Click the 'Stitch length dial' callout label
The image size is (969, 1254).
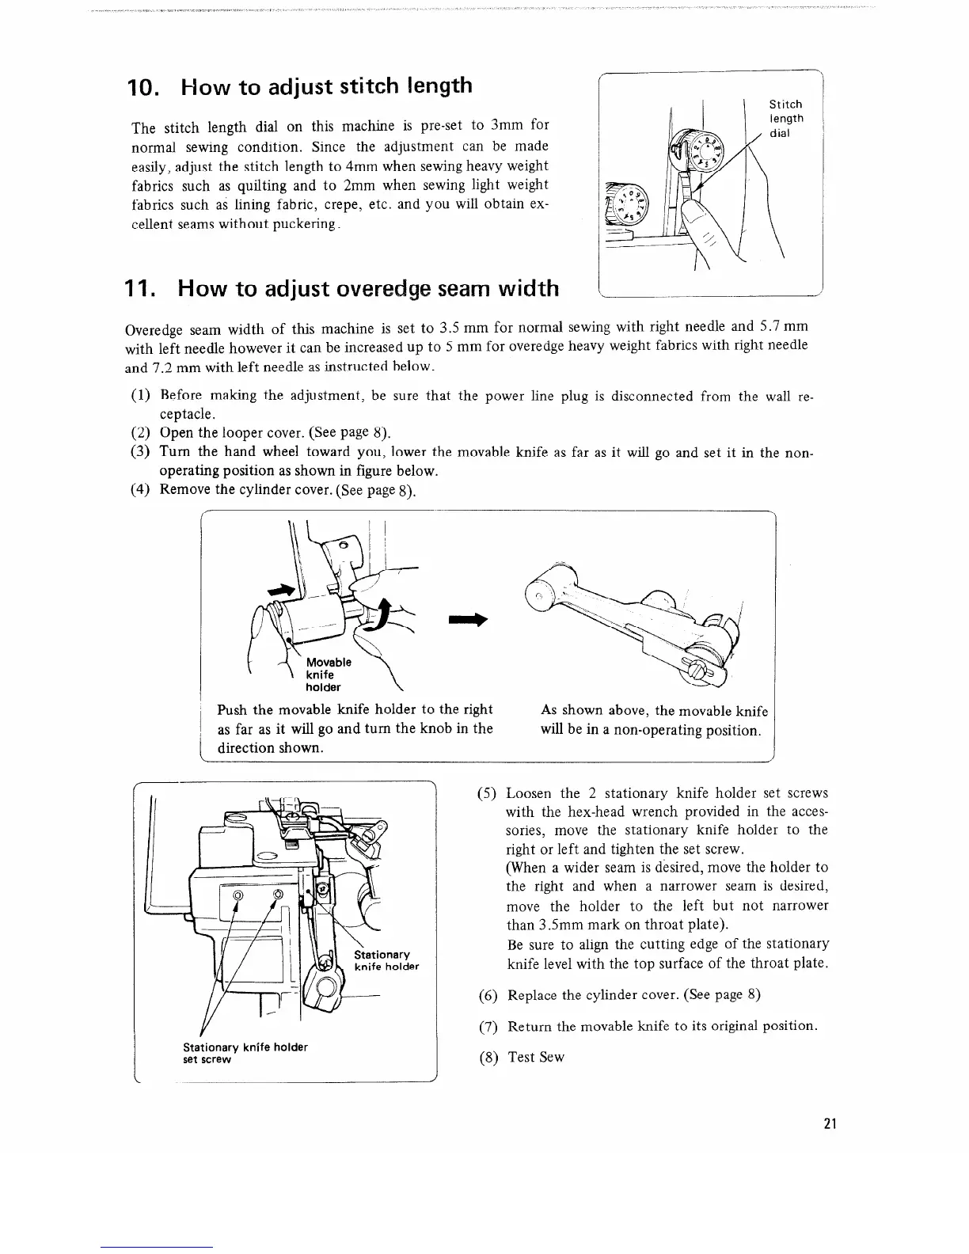(x=786, y=119)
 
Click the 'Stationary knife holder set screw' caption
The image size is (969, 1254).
(x=245, y=1053)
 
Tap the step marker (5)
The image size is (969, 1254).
(x=488, y=793)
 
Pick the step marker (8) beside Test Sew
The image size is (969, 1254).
(x=488, y=1057)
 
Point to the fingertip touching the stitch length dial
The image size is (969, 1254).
(x=694, y=211)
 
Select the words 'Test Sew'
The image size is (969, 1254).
(x=536, y=1057)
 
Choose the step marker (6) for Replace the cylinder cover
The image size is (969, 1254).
(x=488, y=995)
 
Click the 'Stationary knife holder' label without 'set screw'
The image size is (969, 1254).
(x=386, y=960)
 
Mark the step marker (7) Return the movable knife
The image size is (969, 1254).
(x=488, y=1027)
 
